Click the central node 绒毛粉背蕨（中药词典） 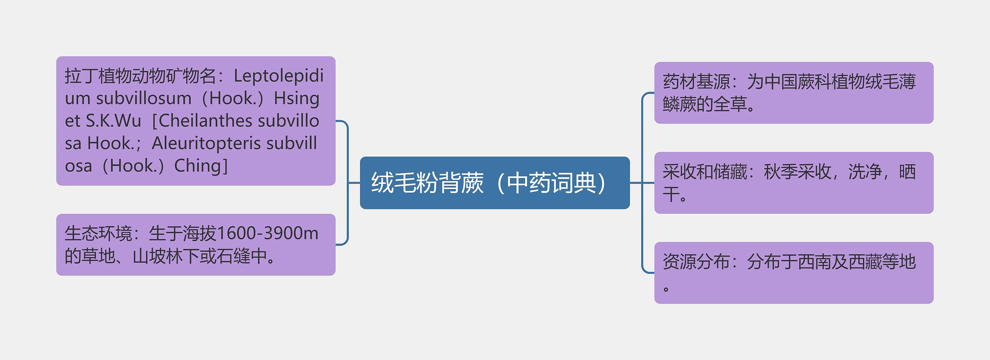pyautogui.click(x=494, y=183)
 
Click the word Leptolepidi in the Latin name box pyautogui.click(x=278, y=76)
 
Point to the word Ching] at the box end pyautogui.click(x=201, y=166)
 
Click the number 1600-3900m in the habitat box pyautogui.click(x=267, y=234)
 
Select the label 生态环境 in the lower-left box pyautogui.click(x=98, y=234)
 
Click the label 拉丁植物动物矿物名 pyautogui.click(x=140, y=76)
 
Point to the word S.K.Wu pyautogui.click(x=113, y=121)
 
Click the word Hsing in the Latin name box pyautogui.click(x=297, y=99)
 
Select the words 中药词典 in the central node pyautogui.click(x=551, y=183)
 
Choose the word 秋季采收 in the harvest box pyautogui.click(x=797, y=172)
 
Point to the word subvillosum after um pyautogui.click(x=144, y=99)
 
